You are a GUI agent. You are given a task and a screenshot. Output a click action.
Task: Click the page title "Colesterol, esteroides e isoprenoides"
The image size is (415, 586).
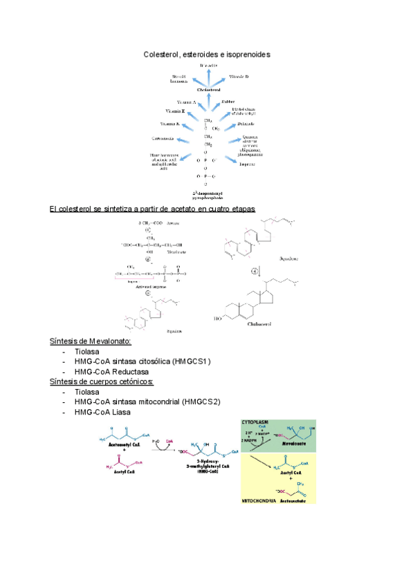tap(207, 54)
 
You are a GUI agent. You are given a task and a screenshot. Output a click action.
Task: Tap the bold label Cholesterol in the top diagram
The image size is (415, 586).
tap(209, 90)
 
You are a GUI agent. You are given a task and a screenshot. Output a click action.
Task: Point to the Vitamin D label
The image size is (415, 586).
tap(239, 76)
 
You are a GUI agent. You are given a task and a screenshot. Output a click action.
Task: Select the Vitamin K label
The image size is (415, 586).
tap(170, 124)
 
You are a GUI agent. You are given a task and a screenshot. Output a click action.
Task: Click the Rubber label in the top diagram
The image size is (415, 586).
tap(228, 102)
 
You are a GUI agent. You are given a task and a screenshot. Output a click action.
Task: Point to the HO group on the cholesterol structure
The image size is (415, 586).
tap(220, 319)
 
